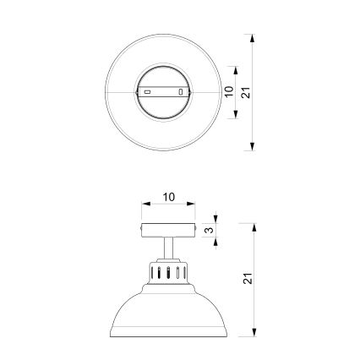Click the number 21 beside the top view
(x=245, y=91)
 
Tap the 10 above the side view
(x=168, y=197)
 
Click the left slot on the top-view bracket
(x=146, y=90)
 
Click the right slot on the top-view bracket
(x=181, y=90)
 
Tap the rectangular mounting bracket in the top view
(x=163, y=90)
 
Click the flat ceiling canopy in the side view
(x=167, y=231)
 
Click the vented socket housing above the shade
(x=167, y=272)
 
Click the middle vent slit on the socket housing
(x=167, y=273)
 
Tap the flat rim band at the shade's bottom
(x=167, y=335)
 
